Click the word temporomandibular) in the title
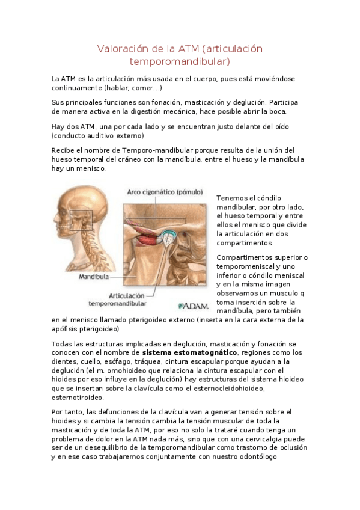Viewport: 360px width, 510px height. point(180,61)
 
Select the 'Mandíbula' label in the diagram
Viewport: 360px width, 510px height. point(94,277)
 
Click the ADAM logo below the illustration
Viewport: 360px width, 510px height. point(192,305)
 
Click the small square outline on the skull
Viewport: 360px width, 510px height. point(81,221)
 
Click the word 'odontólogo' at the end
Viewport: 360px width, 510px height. point(254,457)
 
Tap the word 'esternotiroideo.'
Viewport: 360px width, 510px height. point(78,398)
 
